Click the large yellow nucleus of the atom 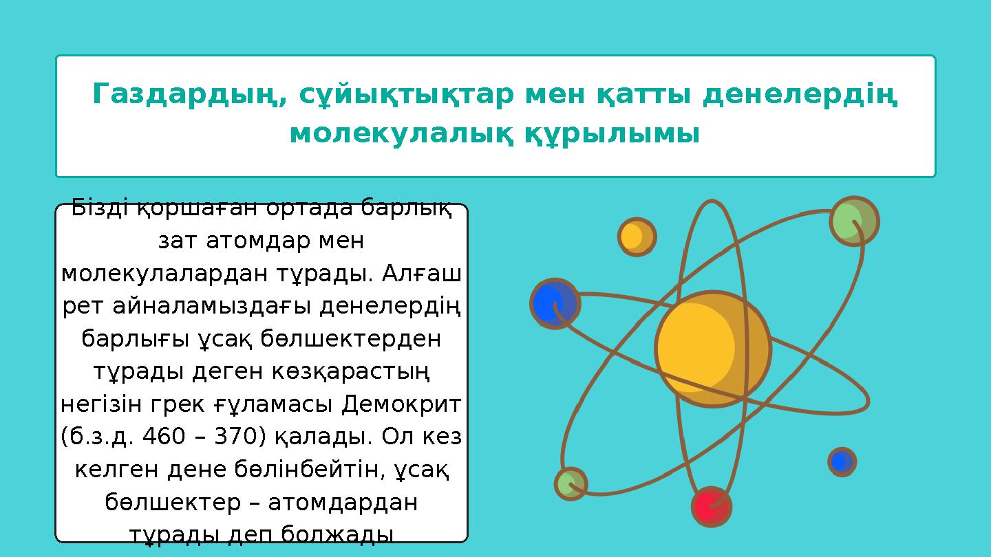(712, 349)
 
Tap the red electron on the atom (712, 507)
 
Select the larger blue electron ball (555, 303)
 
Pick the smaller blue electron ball (842, 461)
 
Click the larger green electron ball (853, 221)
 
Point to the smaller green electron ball (571, 483)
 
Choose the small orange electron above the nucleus (636, 237)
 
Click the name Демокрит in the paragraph (401, 402)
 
